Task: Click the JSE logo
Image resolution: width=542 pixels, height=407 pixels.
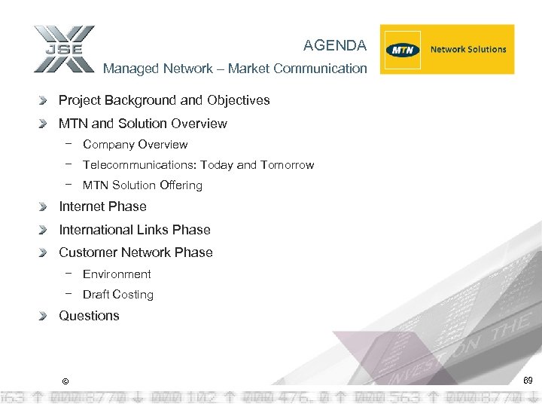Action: click(x=64, y=49)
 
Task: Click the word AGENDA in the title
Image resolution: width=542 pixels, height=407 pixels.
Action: click(x=335, y=46)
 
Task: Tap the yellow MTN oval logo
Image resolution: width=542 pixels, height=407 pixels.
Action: click(x=402, y=50)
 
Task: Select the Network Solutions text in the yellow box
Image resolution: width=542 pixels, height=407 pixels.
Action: click(x=468, y=50)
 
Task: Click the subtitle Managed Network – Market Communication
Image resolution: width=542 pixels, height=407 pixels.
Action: click(x=235, y=69)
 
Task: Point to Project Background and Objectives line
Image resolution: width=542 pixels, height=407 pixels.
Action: click(x=164, y=100)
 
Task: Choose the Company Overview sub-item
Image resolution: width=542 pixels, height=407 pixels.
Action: click(x=135, y=145)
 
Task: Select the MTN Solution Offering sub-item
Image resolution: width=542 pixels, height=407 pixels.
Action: click(x=142, y=185)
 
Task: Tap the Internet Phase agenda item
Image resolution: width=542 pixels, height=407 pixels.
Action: click(x=102, y=207)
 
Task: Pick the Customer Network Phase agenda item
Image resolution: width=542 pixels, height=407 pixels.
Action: click(x=135, y=252)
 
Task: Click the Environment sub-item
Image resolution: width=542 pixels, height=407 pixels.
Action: click(x=117, y=274)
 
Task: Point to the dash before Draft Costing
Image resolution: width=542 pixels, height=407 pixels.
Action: click(x=69, y=294)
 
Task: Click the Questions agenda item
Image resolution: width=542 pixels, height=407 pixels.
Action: click(x=89, y=316)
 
